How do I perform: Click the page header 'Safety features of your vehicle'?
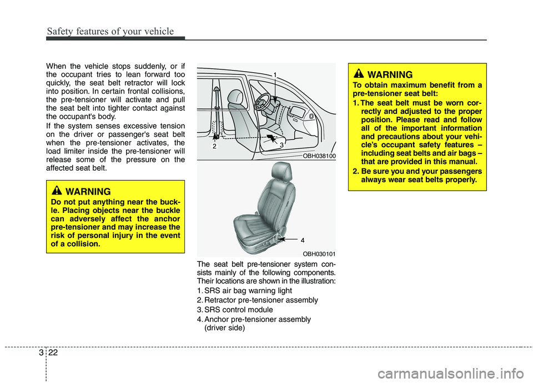pos(110,31)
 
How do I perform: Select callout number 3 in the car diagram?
pos(281,145)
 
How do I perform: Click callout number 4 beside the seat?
pos(303,241)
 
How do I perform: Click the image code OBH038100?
pos(319,156)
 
